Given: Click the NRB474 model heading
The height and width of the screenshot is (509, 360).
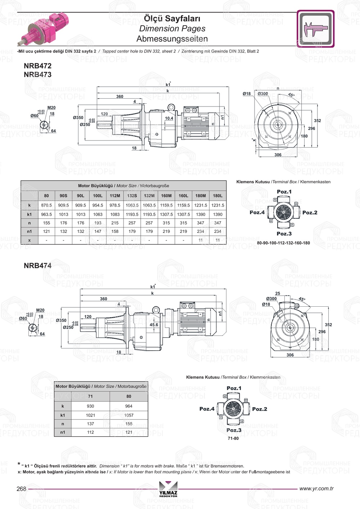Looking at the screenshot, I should point(37,266).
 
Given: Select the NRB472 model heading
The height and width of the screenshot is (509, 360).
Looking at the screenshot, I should point(37,66).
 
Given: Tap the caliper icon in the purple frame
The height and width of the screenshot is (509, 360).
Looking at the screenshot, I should point(315,29).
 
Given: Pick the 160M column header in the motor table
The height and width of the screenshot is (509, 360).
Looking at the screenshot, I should point(166,196).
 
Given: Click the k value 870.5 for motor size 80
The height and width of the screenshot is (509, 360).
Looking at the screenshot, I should point(46,205).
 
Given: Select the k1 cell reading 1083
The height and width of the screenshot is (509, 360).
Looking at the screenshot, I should point(115,214).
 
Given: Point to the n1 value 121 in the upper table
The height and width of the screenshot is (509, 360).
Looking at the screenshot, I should point(46,231).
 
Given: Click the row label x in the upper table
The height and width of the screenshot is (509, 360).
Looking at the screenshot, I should point(30,240).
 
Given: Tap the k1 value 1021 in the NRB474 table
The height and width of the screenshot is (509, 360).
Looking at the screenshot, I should point(90,415).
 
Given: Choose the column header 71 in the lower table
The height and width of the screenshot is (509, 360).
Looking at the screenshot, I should point(90,396).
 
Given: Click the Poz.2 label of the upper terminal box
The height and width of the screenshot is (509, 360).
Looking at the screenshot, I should point(310,212).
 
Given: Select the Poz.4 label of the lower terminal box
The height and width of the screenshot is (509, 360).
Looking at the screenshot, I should point(207,409).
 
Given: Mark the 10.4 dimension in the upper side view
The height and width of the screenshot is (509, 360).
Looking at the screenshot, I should point(169,118).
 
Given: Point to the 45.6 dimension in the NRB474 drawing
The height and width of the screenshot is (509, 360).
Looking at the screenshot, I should point(154,325).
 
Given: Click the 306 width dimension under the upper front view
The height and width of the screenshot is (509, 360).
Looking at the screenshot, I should point(278,155).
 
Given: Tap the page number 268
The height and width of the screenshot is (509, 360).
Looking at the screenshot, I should point(22,488).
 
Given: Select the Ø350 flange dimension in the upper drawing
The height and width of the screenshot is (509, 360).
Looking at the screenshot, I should point(78,118).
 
